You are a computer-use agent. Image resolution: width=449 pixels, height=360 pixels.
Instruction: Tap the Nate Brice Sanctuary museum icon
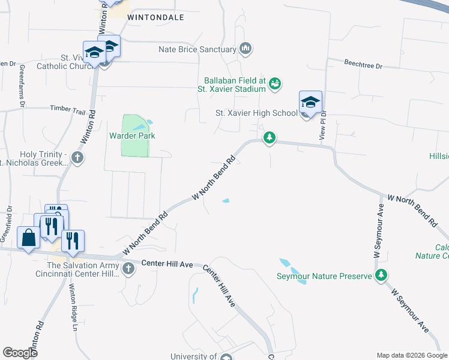[245, 49]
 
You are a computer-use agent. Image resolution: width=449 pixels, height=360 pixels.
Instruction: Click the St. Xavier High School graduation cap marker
[310, 103]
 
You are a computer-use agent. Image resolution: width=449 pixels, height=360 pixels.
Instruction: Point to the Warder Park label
[132, 136]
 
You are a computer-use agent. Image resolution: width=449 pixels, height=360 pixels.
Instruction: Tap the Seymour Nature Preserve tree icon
[379, 276]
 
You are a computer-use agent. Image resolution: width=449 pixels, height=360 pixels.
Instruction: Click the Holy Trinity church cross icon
[77, 158]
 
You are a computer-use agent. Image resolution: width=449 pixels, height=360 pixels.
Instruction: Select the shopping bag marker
[29, 238]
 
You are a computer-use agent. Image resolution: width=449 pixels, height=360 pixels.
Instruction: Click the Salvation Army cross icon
[127, 269]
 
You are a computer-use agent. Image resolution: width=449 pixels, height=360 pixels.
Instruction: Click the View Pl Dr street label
[323, 125]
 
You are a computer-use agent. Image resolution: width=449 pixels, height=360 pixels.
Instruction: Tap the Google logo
[20, 352]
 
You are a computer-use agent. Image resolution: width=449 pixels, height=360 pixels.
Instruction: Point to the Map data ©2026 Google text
[411, 355]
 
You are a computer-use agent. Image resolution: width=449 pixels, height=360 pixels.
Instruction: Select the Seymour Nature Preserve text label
[324, 277]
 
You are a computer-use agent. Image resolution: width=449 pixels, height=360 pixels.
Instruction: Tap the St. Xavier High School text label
[256, 113]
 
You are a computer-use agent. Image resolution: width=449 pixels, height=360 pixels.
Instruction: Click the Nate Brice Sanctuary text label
[197, 49]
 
